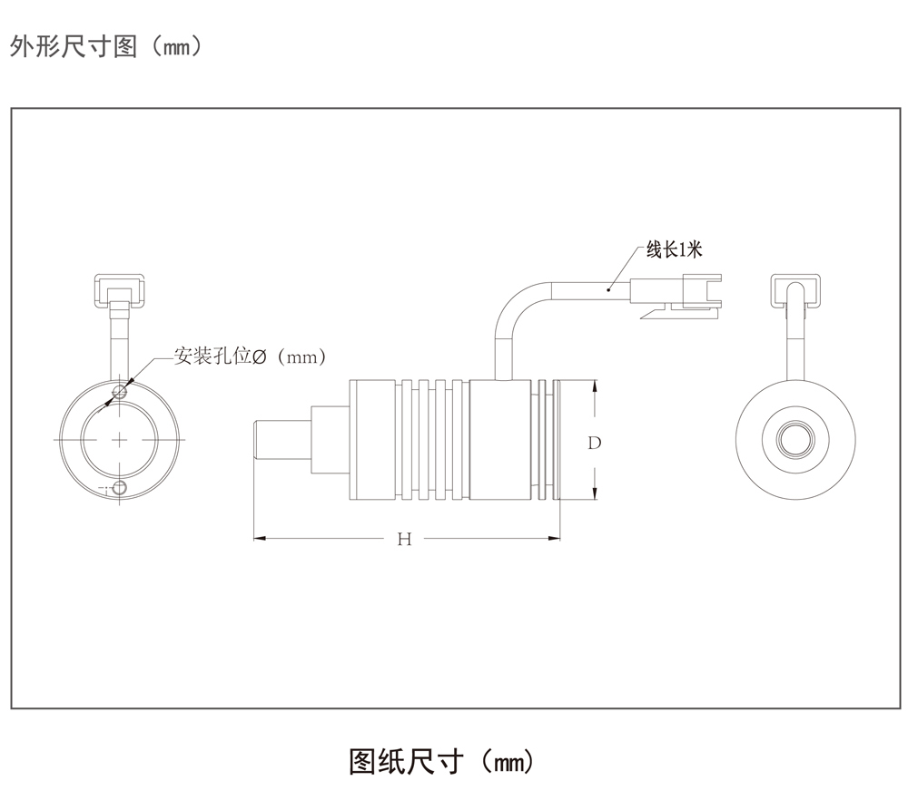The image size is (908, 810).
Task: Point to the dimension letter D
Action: [595, 443]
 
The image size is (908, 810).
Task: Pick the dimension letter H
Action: [405, 540]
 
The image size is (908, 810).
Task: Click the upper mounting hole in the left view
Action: [120, 392]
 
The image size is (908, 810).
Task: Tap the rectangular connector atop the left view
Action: [120, 290]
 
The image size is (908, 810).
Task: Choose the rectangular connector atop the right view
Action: [796, 290]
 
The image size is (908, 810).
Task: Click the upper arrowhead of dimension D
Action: [595, 386]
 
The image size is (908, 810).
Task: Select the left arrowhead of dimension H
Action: [259, 540]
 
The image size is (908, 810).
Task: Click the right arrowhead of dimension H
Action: [555, 540]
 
